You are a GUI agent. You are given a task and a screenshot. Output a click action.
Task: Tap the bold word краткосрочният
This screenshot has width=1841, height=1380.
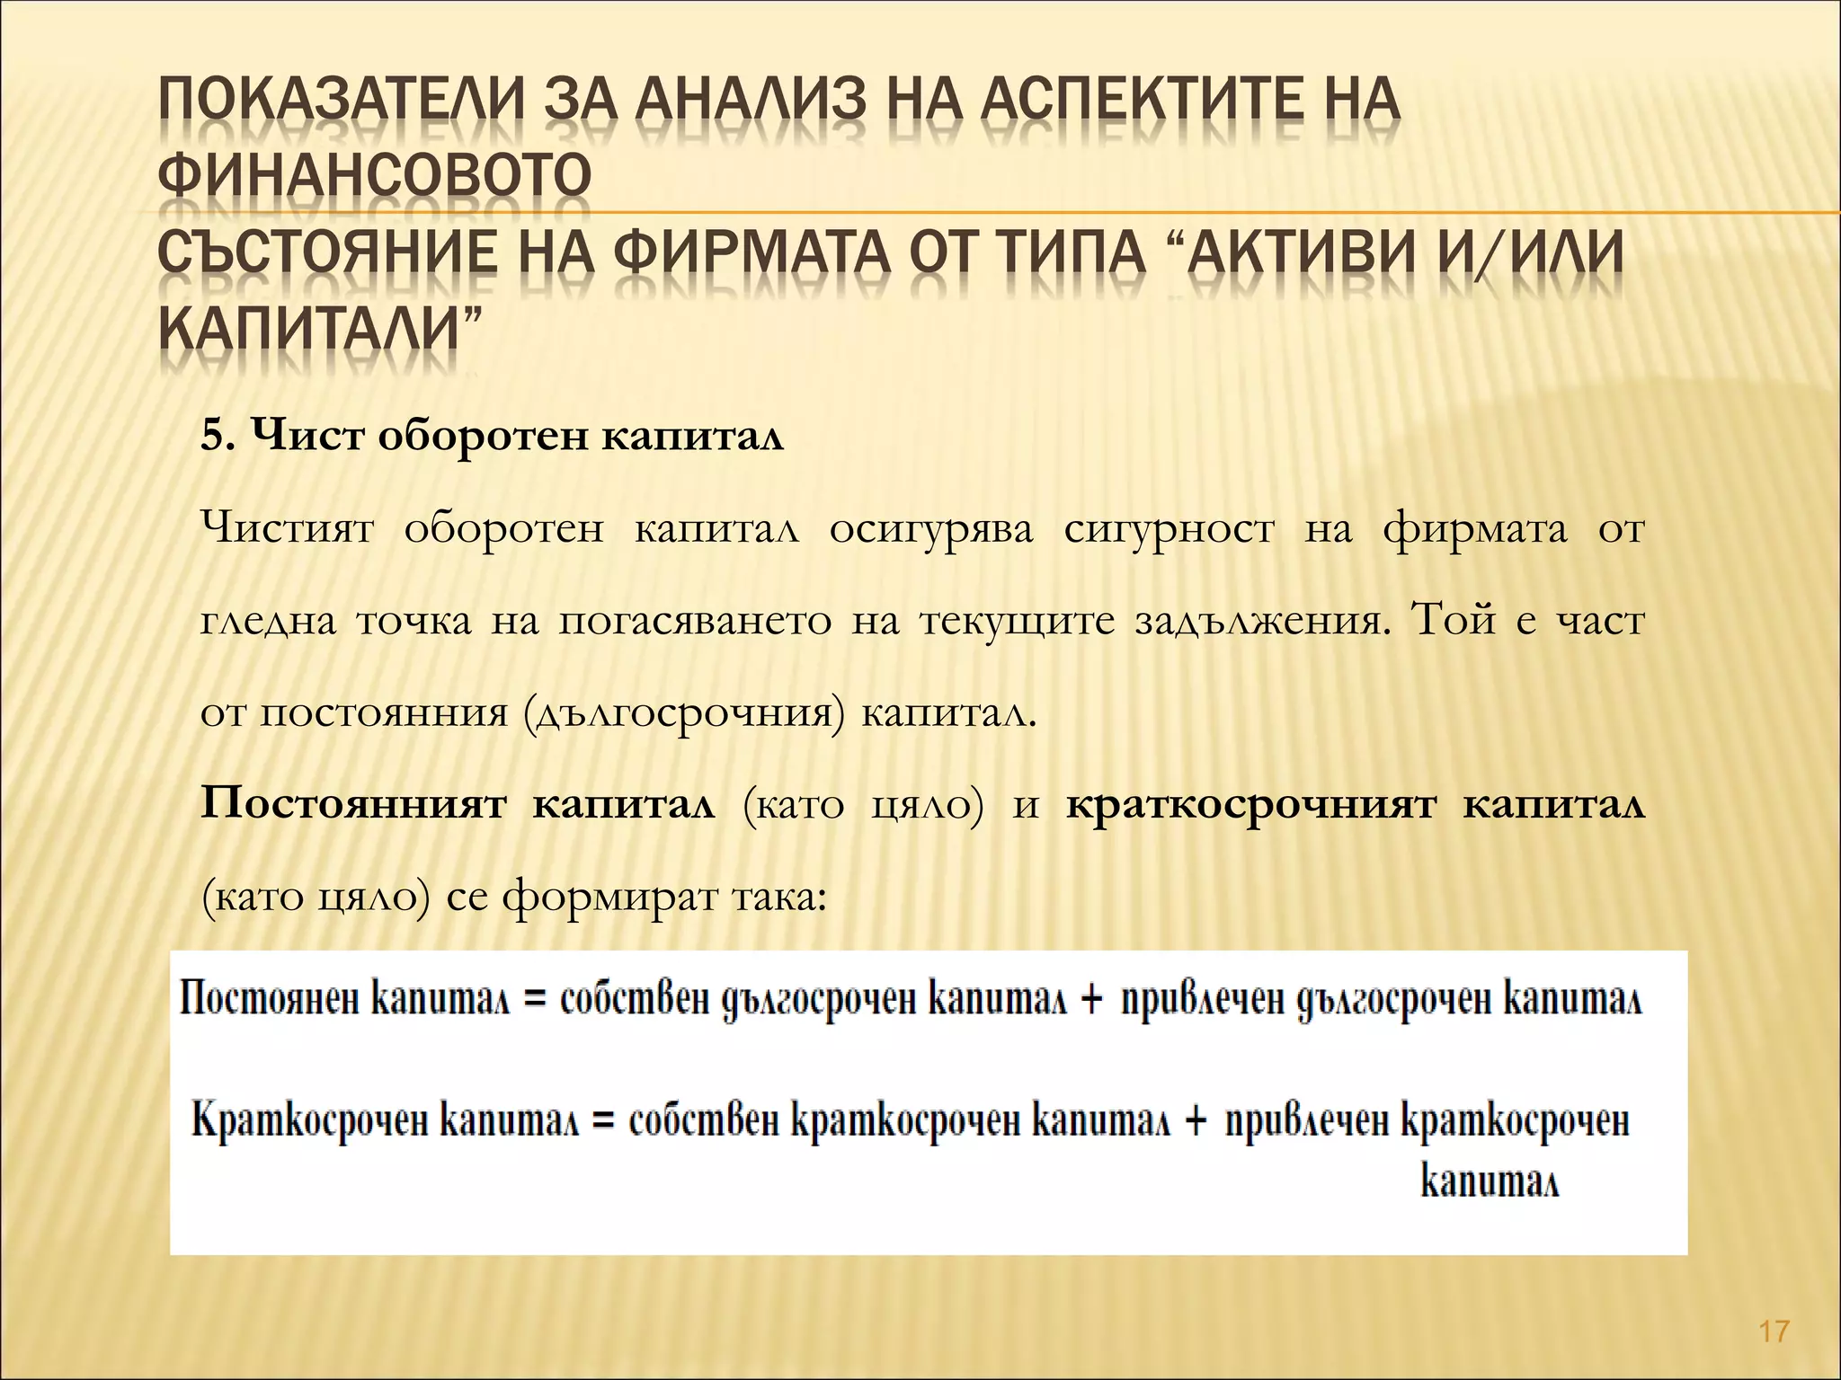[x=1250, y=805]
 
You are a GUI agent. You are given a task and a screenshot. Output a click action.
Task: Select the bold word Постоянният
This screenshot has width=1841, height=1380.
[x=353, y=805]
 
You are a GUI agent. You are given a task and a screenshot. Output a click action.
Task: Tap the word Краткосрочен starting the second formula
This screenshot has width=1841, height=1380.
[x=309, y=1121]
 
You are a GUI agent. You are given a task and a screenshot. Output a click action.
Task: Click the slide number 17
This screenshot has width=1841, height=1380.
[x=1774, y=1330]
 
